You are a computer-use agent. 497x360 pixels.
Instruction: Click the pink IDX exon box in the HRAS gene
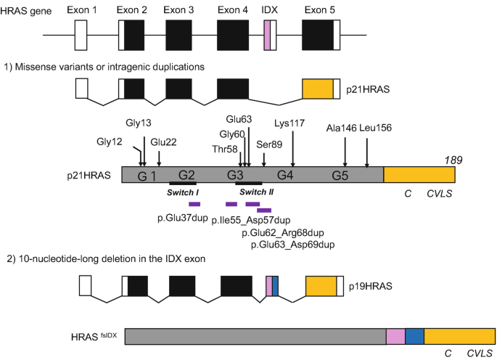pos(267,35)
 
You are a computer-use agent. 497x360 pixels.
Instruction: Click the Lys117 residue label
pos(289,123)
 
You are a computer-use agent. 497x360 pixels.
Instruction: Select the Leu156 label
pos(375,128)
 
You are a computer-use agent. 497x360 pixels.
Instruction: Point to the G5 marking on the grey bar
pos(340,176)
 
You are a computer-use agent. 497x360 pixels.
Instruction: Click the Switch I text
pos(184,192)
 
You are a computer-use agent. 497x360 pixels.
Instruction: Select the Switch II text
pos(256,192)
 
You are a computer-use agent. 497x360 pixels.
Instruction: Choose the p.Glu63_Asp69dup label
pos(292,245)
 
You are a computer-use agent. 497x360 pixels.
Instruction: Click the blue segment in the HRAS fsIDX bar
pos(414,336)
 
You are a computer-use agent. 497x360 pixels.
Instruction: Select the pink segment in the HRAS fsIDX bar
pos(395,336)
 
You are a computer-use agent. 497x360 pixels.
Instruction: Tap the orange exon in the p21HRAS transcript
pos(317,89)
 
